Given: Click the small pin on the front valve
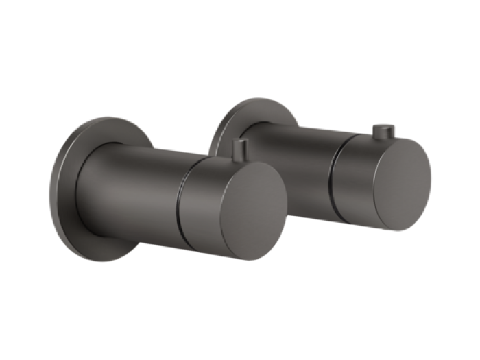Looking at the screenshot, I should (238, 147).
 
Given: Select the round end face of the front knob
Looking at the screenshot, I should (248, 206).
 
